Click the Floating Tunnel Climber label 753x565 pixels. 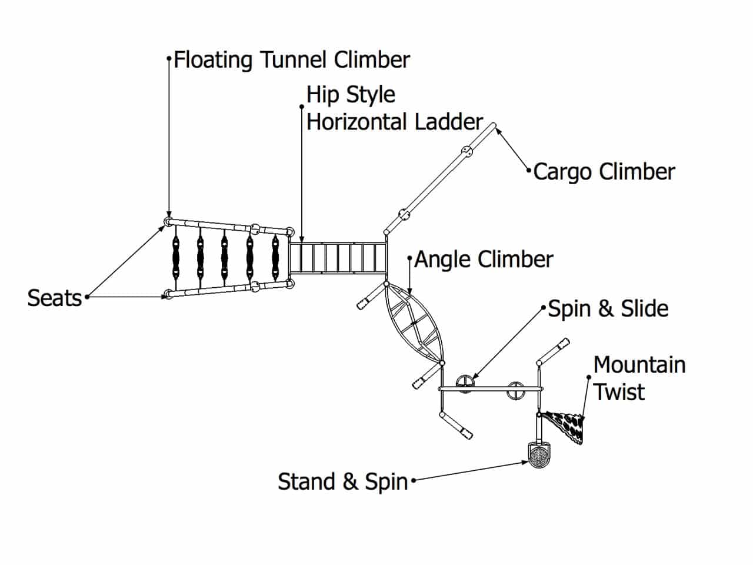click(x=292, y=60)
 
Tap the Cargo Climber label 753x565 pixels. click(x=604, y=172)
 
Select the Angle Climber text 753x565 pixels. click(x=484, y=260)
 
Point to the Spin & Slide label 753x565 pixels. click(x=608, y=309)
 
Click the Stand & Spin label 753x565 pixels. click(x=343, y=481)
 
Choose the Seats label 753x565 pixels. click(x=55, y=298)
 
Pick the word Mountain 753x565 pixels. click(x=639, y=365)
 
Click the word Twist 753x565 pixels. click(x=619, y=392)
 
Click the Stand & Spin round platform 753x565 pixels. click(x=538, y=456)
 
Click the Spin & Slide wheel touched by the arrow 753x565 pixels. click(x=465, y=383)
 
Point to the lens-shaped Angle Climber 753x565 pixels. click(x=414, y=324)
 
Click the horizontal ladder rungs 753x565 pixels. click(x=338, y=258)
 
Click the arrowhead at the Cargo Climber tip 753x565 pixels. click(x=498, y=130)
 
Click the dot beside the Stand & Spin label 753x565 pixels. click(x=413, y=481)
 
